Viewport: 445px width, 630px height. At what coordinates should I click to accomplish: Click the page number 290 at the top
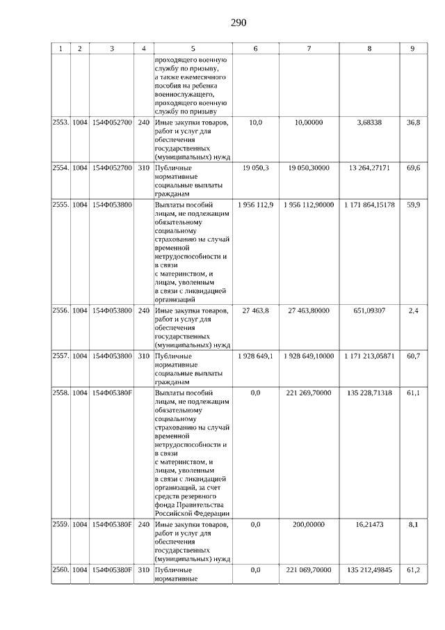coord(238,23)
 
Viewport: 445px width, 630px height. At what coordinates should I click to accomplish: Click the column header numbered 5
coord(193,49)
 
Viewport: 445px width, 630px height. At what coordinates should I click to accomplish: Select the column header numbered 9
coord(412,49)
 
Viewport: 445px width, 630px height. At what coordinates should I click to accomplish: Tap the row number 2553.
coord(61,122)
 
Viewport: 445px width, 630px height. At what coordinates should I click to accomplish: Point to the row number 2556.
coord(61,310)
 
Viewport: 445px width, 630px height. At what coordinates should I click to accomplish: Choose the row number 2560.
coord(61,569)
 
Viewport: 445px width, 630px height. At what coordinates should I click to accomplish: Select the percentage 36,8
coord(412,122)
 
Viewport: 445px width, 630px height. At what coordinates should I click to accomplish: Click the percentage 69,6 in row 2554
coord(412,168)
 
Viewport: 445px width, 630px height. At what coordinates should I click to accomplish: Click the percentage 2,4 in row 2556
coord(412,310)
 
